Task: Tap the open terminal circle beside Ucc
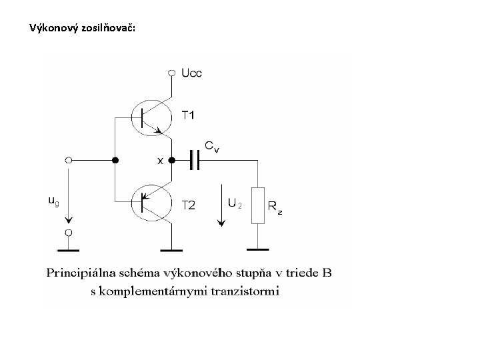point(172,72)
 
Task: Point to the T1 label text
point(189,115)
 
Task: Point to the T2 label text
point(189,205)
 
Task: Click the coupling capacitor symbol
point(195,160)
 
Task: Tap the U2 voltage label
point(235,203)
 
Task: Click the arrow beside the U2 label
point(221,206)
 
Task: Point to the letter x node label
point(159,161)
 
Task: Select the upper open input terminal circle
point(68,161)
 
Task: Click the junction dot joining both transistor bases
point(115,161)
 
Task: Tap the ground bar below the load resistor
point(257,250)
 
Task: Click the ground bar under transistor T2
point(172,251)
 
